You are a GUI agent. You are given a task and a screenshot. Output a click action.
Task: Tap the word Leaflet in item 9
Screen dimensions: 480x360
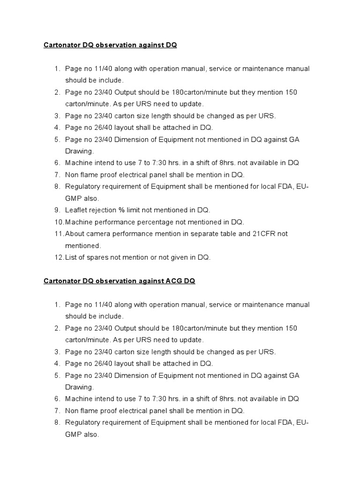76,210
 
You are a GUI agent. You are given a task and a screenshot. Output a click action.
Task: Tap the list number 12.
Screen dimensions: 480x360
59,257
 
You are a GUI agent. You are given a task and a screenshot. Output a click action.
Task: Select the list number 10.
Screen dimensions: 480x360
59,222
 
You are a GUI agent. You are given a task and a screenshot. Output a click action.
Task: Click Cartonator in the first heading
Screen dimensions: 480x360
62,45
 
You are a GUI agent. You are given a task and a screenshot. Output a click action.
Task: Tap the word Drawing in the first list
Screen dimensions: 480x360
79,151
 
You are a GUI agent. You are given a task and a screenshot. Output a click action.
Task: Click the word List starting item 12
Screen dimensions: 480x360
71,257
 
